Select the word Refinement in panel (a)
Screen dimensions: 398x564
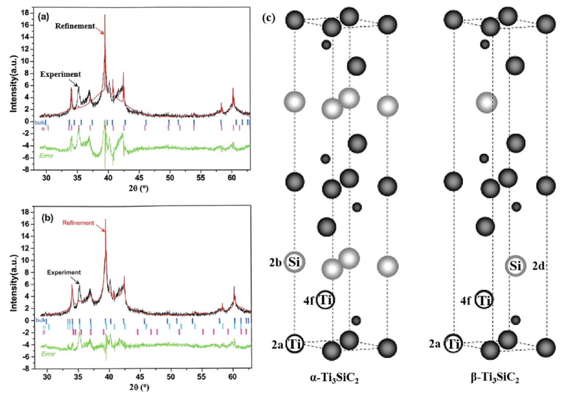click(x=75, y=26)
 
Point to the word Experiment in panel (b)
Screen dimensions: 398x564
click(x=64, y=272)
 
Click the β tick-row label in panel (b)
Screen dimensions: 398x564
click(x=44, y=332)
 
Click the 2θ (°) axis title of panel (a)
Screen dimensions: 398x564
click(x=139, y=189)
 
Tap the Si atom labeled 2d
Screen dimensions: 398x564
click(x=515, y=266)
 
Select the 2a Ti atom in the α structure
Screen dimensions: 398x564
click(x=294, y=344)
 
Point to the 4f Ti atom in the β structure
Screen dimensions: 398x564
click(x=484, y=301)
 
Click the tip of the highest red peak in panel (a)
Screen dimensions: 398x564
click(x=105, y=15)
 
